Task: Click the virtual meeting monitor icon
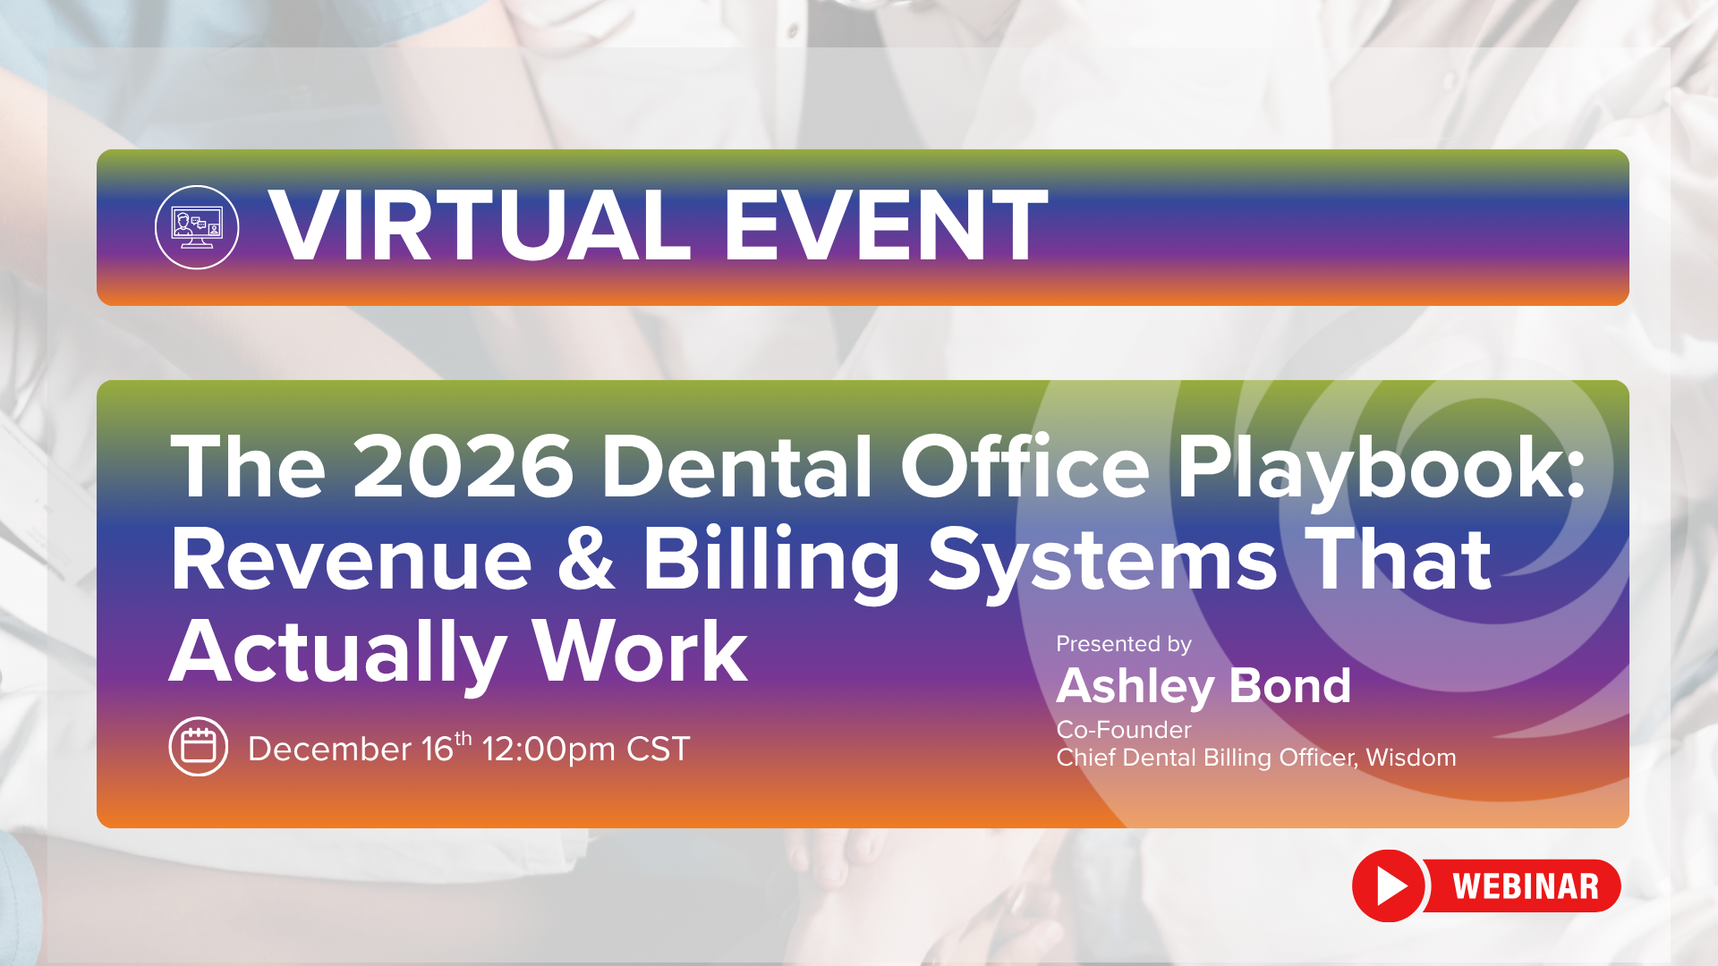(197, 227)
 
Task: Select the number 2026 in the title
(463, 467)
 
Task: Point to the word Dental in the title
(736, 467)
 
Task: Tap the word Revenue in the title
(351, 560)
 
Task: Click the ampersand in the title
(586, 560)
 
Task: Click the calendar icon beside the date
(198, 747)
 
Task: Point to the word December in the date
(329, 749)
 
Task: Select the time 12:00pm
(549, 750)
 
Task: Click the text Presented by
(1124, 644)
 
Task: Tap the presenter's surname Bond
(1289, 686)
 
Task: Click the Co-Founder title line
(1124, 730)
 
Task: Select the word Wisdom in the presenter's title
(1411, 758)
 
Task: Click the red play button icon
(1389, 885)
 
